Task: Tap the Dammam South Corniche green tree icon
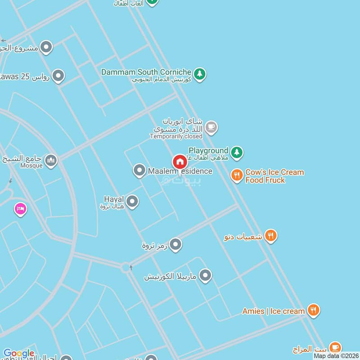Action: [200, 73]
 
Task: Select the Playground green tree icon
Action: [237, 153]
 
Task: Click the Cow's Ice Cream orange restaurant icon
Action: [237, 175]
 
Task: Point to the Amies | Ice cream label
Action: [274, 311]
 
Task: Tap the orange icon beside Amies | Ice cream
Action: [314, 310]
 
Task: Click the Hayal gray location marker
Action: [132, 202]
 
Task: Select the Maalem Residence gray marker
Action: [139, 171]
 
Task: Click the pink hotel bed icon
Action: [20, 209]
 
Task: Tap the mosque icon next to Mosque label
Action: [51, 161]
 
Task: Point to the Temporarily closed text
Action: [176, 136]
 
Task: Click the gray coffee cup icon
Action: [211, 128]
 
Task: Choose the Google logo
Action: [18, 354]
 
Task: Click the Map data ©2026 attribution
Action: [336, 356]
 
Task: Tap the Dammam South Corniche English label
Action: [146, 72]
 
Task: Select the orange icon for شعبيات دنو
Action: [270, 235]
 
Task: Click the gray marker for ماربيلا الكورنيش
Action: [205, 275]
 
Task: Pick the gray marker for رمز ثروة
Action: [175, 244]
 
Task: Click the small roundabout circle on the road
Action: [126, 267]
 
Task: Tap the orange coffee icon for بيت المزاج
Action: [334, 347]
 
